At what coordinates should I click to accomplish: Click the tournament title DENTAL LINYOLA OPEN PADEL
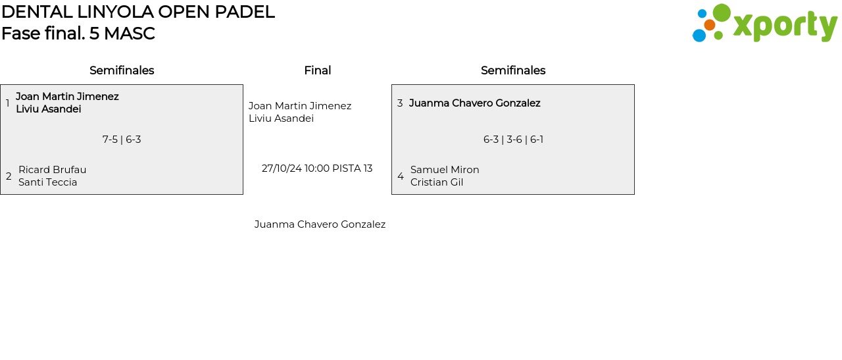(x=138, y=12)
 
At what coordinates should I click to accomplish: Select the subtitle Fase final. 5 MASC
(x=78, y=34)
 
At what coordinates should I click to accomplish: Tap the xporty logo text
(x=785, y=25)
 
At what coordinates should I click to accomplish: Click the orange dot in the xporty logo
(x=710, y=25)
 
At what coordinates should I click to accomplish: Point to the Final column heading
(x=318, y=70)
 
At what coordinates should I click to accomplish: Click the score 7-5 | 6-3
(x=122, y=140)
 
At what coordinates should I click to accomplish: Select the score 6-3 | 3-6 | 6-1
(x=513, y=140)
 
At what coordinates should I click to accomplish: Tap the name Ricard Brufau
(x=52, y=170)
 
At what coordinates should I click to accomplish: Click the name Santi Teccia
(x=48, y=182)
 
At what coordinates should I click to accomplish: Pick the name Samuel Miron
(x=445, y=170)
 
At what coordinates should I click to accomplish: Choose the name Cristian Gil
(x=437, y=182)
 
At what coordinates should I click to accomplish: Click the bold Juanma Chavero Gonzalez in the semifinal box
(x=475, y=103)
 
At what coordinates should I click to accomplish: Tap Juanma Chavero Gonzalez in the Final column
(x=320, y=224)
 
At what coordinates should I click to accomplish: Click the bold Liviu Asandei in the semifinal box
(x=49, y=109)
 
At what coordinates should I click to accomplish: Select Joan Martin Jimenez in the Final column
(x=300, y=106)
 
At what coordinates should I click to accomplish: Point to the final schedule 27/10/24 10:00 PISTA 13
(x=317, y=168)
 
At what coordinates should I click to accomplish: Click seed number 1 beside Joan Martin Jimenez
(x=7, y=103)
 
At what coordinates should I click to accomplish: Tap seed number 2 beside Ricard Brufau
(x=9, y=176)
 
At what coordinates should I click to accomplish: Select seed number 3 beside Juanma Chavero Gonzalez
(x=400, y=103)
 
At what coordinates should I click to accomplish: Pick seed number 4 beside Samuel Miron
(x=401, y=176)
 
